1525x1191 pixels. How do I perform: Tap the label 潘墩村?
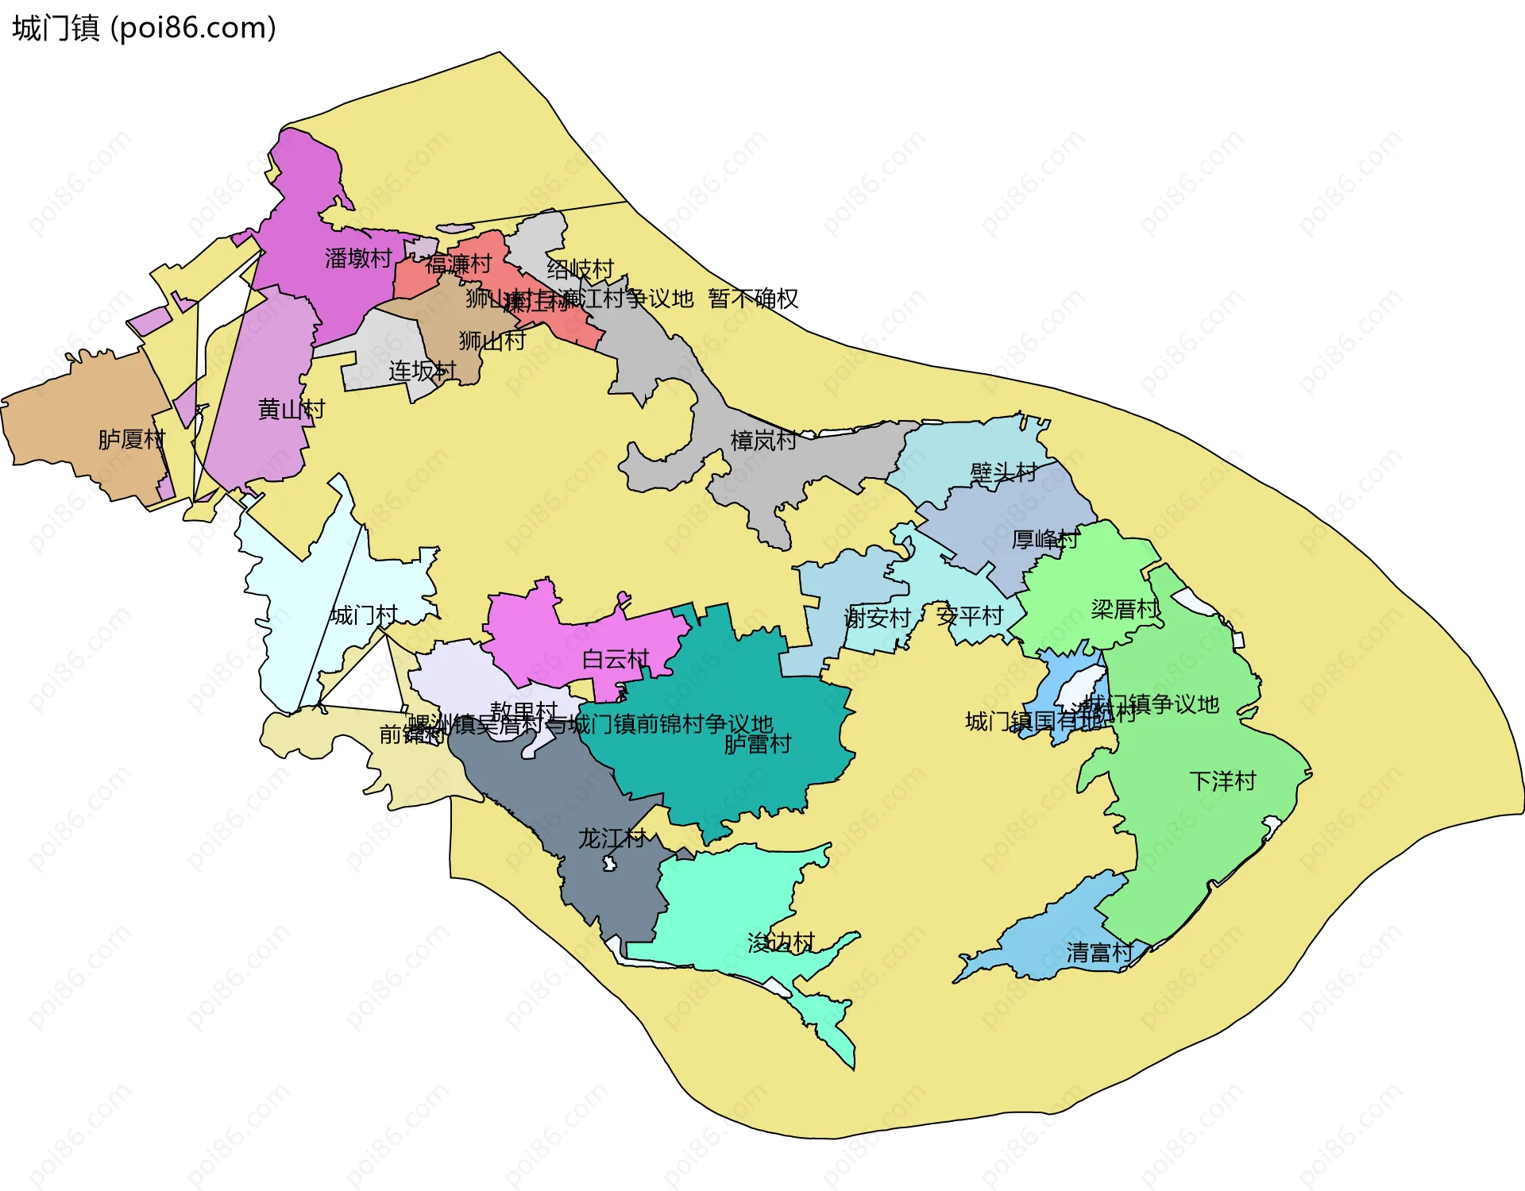tap(358, 258)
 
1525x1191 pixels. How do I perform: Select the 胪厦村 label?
tap(131, 439)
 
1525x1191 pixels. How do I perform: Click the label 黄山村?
tap(291, 410)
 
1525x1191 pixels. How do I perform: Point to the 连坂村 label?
tap(423, 371)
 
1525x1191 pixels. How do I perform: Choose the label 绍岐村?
tap(581, 269)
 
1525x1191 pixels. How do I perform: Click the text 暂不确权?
tap(753, 299)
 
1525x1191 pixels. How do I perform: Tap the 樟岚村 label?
tap(763, 441)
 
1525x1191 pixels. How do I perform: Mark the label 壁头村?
tap(1003, 473)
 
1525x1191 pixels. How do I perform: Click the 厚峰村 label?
tap(1045, 540)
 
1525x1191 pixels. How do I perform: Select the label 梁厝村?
tap(1125, 609)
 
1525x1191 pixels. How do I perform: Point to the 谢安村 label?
tap(877, 617)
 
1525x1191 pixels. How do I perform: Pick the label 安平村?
tap(970, 615)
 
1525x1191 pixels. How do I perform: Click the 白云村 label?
tap(616, 659)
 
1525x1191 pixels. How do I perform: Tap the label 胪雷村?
tap(758, 744)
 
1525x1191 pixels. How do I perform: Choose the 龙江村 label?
tap(612, 838)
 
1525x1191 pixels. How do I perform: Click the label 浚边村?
tap(782, 942)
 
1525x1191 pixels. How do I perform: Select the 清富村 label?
tap(1100, 952)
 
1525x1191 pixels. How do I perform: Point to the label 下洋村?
tap(1222, 781)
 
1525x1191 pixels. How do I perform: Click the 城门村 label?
tap(364, 615)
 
